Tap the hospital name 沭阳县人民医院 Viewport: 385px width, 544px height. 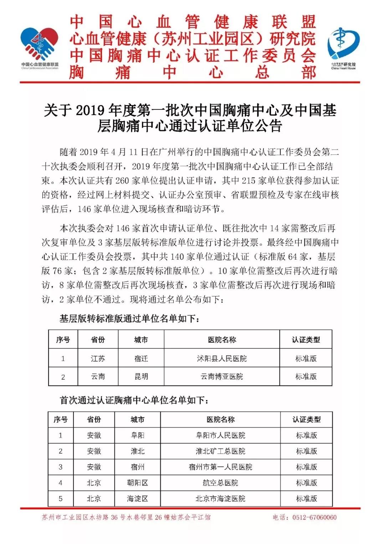222,358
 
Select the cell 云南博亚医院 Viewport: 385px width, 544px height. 222,377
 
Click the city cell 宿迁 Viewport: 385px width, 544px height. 141,358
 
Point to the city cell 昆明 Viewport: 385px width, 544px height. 141,377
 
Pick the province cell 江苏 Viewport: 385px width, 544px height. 98,358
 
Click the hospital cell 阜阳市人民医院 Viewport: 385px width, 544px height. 220,435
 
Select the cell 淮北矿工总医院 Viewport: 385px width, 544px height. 220,451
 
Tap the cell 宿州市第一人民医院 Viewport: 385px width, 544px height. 220,467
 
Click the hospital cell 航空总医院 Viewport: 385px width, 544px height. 220,483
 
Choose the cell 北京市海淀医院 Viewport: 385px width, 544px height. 220,499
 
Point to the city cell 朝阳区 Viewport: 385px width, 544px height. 138,483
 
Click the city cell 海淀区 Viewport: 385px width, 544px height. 138,499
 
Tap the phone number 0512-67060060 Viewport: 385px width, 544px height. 314,517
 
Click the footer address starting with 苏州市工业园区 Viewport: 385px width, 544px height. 126,517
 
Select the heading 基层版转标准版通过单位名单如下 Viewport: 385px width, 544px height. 129,318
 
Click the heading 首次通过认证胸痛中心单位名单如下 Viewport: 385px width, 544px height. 134,400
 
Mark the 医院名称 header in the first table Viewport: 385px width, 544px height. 222,340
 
